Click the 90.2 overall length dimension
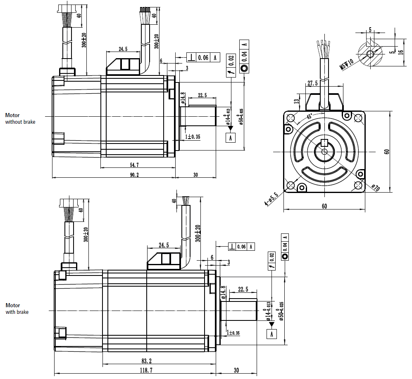pyautogui.click(x=134, y=175)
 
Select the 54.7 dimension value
pyautogui.click(x=134, y=165)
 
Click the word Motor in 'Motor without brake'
pyautogui.click(x=12, y=115)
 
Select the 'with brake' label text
pyautogui.click(x=17, y=312)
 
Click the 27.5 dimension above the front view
pyautogui.click(x=312, y=83)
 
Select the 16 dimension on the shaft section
pyautogui.click(x=405, y=47)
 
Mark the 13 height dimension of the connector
pyautogui.click(x=296, y=101)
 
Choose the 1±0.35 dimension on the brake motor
pyautogui.click(x=234, y=332)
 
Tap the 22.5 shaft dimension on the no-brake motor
pyautogui.click(x=202, y=95)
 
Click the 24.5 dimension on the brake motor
pyautogui.click(x=164, y=245)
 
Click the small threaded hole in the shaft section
pyautogui.click(x=371, y=53)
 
